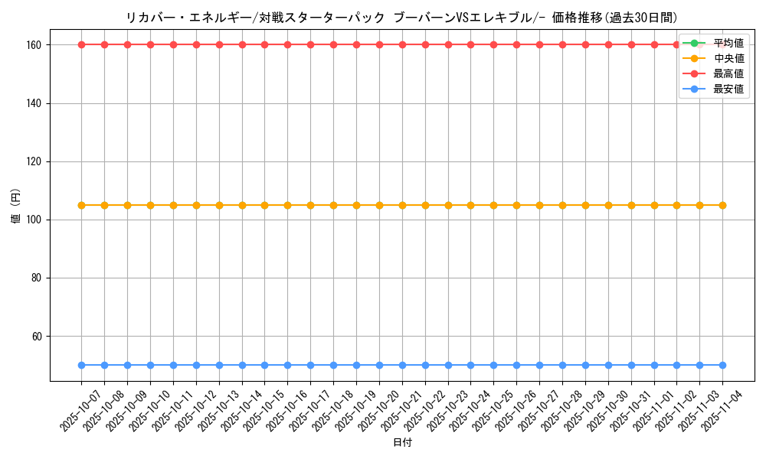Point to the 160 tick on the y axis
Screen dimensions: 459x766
(37, 45)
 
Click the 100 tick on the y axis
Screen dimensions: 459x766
(37, 220)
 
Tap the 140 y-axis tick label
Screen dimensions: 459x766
(37, 103)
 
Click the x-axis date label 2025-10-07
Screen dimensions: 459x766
(69, 410)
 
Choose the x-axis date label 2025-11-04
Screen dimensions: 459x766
(711, 410)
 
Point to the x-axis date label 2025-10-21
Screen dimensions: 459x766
(390, 410)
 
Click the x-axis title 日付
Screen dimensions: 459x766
(402, 443)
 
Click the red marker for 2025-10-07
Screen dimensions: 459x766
(81, 44)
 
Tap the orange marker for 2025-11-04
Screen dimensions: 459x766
(722, 205)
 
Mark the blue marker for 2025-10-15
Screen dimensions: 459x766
(264, 366)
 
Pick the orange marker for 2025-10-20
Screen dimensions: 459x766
(379, 205)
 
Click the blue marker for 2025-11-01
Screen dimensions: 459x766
(654, 366)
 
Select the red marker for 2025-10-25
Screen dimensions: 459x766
(493, 44)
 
